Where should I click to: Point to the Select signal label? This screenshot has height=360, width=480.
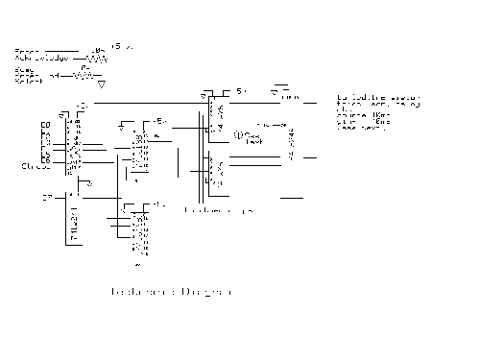[28, 78]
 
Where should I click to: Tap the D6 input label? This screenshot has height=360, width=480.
[44, 158]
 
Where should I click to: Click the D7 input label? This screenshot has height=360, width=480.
[45, 198]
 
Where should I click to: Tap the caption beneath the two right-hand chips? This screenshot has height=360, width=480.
[217, 208]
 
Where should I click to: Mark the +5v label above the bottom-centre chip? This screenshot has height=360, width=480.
[159, 205]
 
